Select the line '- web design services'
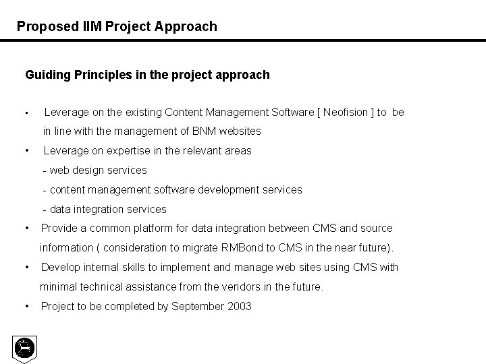point(94,170)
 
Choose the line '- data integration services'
point(104,209)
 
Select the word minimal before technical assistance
point(58,286)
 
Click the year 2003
point(240,307)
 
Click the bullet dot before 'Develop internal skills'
point(26,268)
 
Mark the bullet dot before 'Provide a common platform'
point(26,229)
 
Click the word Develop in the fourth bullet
point(59,267)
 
